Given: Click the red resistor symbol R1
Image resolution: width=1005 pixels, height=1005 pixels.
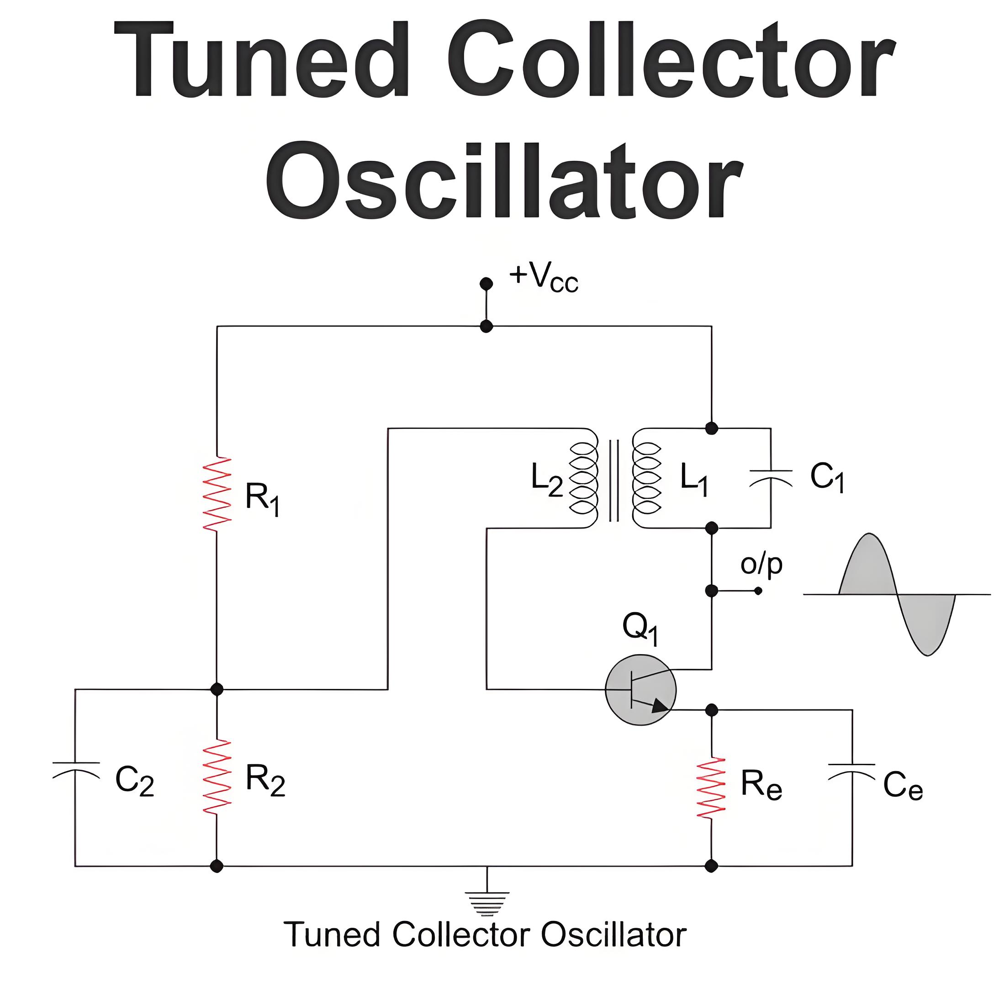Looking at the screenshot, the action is click(x=217, y=494).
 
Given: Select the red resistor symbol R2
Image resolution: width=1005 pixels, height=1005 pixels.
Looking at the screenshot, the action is click(x=217, y=776).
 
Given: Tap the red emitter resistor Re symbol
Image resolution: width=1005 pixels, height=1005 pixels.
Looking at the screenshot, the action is click(x=711, y=788).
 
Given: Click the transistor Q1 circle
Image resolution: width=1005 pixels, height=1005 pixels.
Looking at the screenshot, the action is click(x=641, y=690).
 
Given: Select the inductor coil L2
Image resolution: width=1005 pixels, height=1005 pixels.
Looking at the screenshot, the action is click(x=584, y=478).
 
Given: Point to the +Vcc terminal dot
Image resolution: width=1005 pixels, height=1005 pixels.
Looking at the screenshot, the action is click(x=487, y=284).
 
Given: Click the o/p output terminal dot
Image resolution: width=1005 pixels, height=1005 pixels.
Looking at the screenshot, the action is click(x=758, y=591).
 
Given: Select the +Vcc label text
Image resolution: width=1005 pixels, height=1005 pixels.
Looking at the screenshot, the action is click(x=544, y=277).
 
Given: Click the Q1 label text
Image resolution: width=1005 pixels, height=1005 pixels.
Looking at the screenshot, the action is click(x=641, y=628).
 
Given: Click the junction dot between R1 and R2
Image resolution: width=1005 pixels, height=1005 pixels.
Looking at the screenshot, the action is click(x=217, y=689).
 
